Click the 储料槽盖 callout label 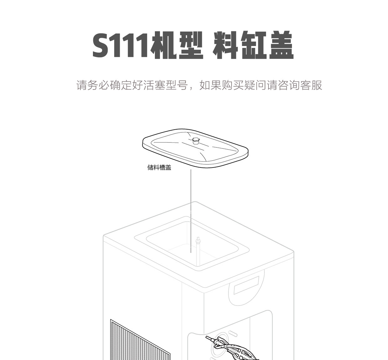click(x=159, y=167)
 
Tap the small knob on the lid click(x=196, y=140)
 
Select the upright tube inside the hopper click(x=198, y=250)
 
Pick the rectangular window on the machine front click(x=247, y=285)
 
